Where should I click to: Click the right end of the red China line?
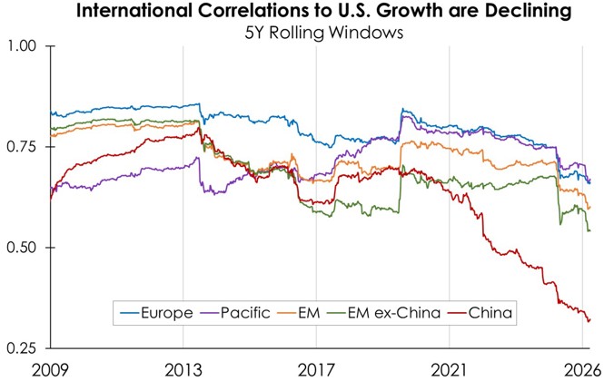coord(589,319)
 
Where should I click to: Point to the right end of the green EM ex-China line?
coord(589,256)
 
